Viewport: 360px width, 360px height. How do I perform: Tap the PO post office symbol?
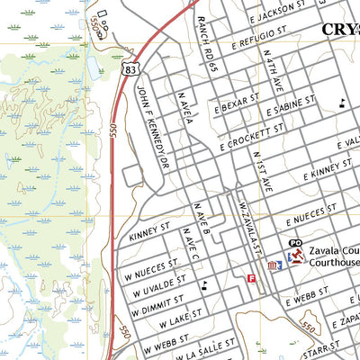[x=294, y=244]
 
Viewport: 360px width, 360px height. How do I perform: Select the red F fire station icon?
[x=251, y=280]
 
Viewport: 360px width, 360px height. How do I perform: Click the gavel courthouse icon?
[x=292, y=258]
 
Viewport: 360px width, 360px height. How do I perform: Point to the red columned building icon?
[x=274, y=266]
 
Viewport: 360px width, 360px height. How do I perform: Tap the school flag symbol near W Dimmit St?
[x=206, y=285]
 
